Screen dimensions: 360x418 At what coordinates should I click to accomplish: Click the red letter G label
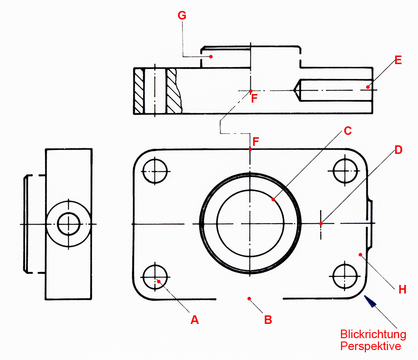pyautogui.click(x=181, y=15)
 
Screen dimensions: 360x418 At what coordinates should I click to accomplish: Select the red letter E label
pyautogui.click(x=398, y=60)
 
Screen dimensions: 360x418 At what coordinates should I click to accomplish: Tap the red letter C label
pyautogui.click(x=348, y=131)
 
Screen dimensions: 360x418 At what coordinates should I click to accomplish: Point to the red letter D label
pyautogui.click(x=398, y=150)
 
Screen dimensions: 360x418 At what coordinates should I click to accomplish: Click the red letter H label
pyautogui.click(x=402, y=290)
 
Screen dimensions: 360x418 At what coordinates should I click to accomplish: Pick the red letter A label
pyautogui.click(x=194, y=320)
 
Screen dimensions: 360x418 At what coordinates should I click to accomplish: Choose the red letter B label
pyautogui.click(x=268, y=320)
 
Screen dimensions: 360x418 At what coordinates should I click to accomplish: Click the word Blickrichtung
pyautogui.click(x=373, y=334)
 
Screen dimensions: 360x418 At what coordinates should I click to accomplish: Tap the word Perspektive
pyautogui.click(x=370, y=346)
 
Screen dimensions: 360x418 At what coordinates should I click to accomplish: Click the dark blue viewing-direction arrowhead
pyautogui.click(x=370, y=301)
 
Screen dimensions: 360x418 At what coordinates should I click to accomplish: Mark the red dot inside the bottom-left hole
pyautogui.click(x=159, y=281)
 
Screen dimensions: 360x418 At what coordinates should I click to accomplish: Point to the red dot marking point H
pyautogui.click(x=361, y=255)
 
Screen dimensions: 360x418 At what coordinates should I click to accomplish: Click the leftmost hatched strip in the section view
pyautogui.click(x=139, y=91)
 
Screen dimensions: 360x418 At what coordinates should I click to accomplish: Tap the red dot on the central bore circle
pyautogui.click(x=273, y=199)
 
